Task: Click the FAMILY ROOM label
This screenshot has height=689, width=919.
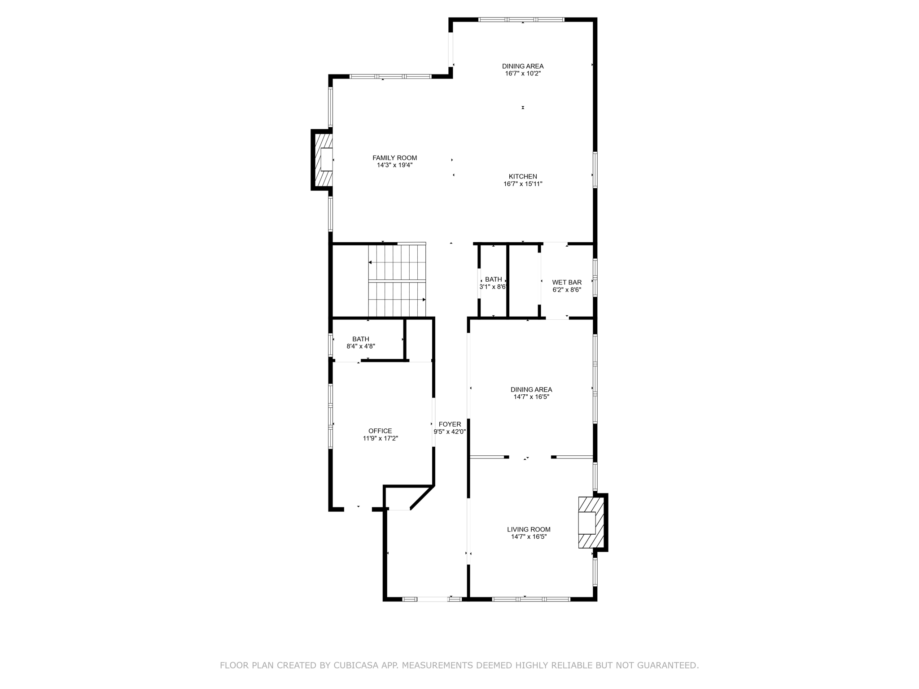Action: [394, 158]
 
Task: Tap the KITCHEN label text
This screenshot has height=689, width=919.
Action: [523, 176]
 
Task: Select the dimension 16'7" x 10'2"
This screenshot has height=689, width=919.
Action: [523, 74]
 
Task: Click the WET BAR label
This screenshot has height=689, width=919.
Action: [567, 282]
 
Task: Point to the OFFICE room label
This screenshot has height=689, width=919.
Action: [380, 431]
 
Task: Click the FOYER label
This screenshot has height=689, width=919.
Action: [450, 424]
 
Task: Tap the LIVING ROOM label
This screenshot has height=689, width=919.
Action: [529, 529]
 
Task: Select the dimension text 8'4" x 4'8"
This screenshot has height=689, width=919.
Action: [361, 346]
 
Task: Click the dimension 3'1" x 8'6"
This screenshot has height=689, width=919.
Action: [493, 287]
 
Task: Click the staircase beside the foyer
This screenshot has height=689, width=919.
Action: [397, 281]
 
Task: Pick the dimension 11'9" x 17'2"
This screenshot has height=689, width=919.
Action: [380, 439]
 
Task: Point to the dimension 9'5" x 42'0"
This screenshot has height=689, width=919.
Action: [450, 432]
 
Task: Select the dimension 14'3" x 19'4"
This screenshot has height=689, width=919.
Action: [394, 165]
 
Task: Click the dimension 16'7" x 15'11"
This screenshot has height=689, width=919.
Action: [523, 184]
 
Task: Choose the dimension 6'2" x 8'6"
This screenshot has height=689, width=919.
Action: [567, 290]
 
